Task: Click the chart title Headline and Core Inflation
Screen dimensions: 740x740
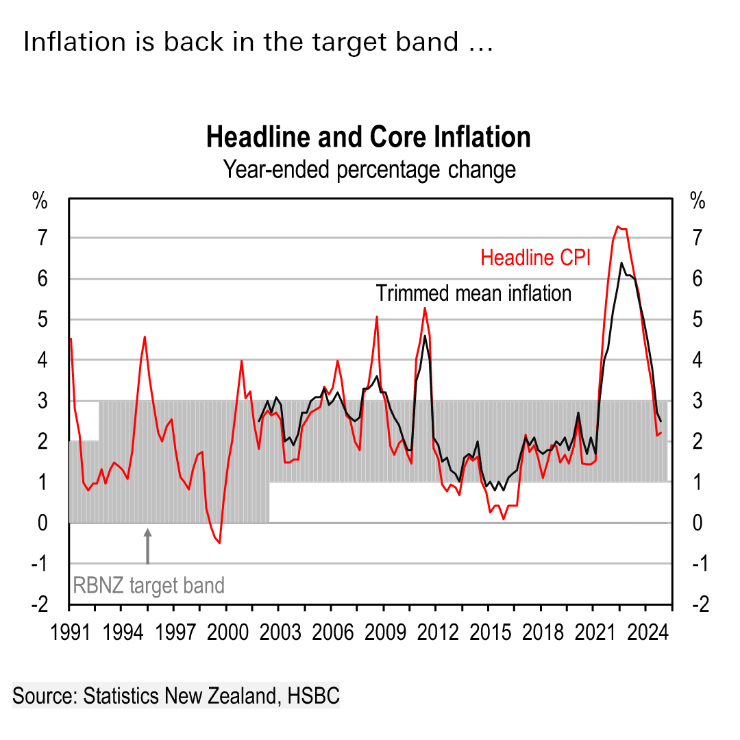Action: pyautogui.click(x=368, y=137)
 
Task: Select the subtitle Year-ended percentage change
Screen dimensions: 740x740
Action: pyautogui.click(x=369, y=169)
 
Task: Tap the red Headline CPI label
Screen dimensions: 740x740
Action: pyautogui.click(x=535, y=258)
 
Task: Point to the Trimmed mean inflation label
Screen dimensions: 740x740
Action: pyautogui.click(x=473, y=293)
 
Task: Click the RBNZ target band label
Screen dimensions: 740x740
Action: pyautogui.click(x=149, y=586)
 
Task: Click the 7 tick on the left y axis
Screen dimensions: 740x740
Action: pyautogui.click(x=42, y=238)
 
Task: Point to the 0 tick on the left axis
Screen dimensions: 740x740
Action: pyautogui.click(x=42, y=523)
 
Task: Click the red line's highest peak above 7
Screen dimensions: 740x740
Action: pyautogui.click(x=618, y=226)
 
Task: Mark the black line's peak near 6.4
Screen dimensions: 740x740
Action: pyautogui.click(x=621, y=263)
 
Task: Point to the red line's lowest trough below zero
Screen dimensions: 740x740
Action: pyautogui.click(x=219, y=543)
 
